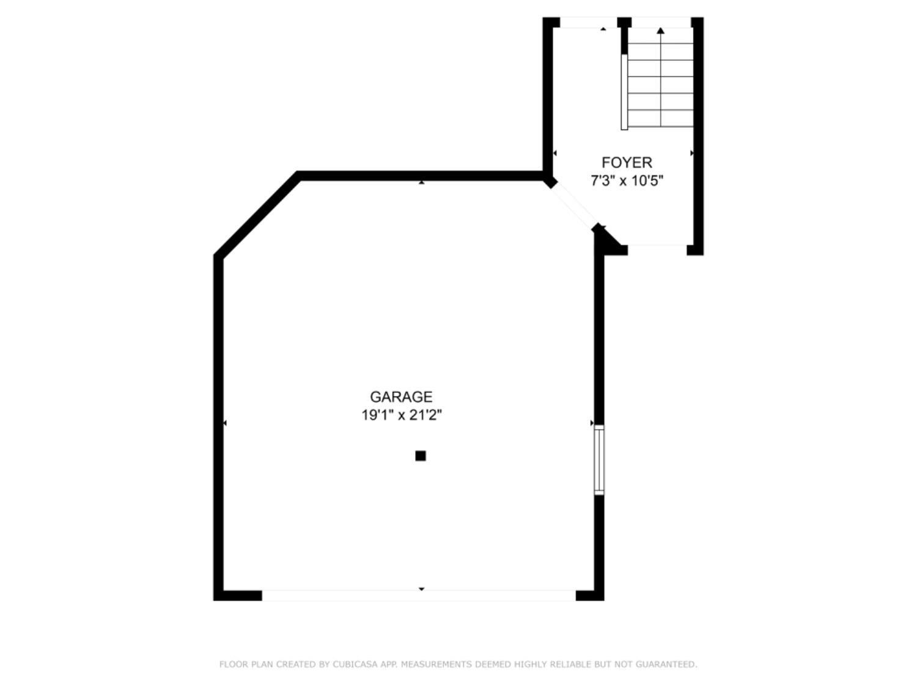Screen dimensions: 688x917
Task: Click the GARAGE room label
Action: [x=401, y=397]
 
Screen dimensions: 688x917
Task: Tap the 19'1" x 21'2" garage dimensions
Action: [x=401, y=415]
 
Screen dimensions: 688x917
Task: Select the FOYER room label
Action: [x=627, y=163]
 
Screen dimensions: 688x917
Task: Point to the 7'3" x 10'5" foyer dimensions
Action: [x=627, y=181]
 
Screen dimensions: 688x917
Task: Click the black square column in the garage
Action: [x=421, y=456]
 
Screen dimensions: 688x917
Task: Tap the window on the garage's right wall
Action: [x=599, y=459]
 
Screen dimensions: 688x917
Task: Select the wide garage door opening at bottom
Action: [x=419, y=595]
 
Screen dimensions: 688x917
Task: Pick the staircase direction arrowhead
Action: [x=660, y=30]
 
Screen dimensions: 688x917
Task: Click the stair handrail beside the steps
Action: [x=624, y=92]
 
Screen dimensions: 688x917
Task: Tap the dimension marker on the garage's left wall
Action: [x=225, y=423]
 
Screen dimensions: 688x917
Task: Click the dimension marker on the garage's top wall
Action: [x=421, y=182]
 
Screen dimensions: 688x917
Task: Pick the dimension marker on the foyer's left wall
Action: [x=554, y=153]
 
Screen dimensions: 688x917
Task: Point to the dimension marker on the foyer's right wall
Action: [x=691, y=153]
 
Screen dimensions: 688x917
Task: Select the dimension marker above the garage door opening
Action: [x=421, y=589]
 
